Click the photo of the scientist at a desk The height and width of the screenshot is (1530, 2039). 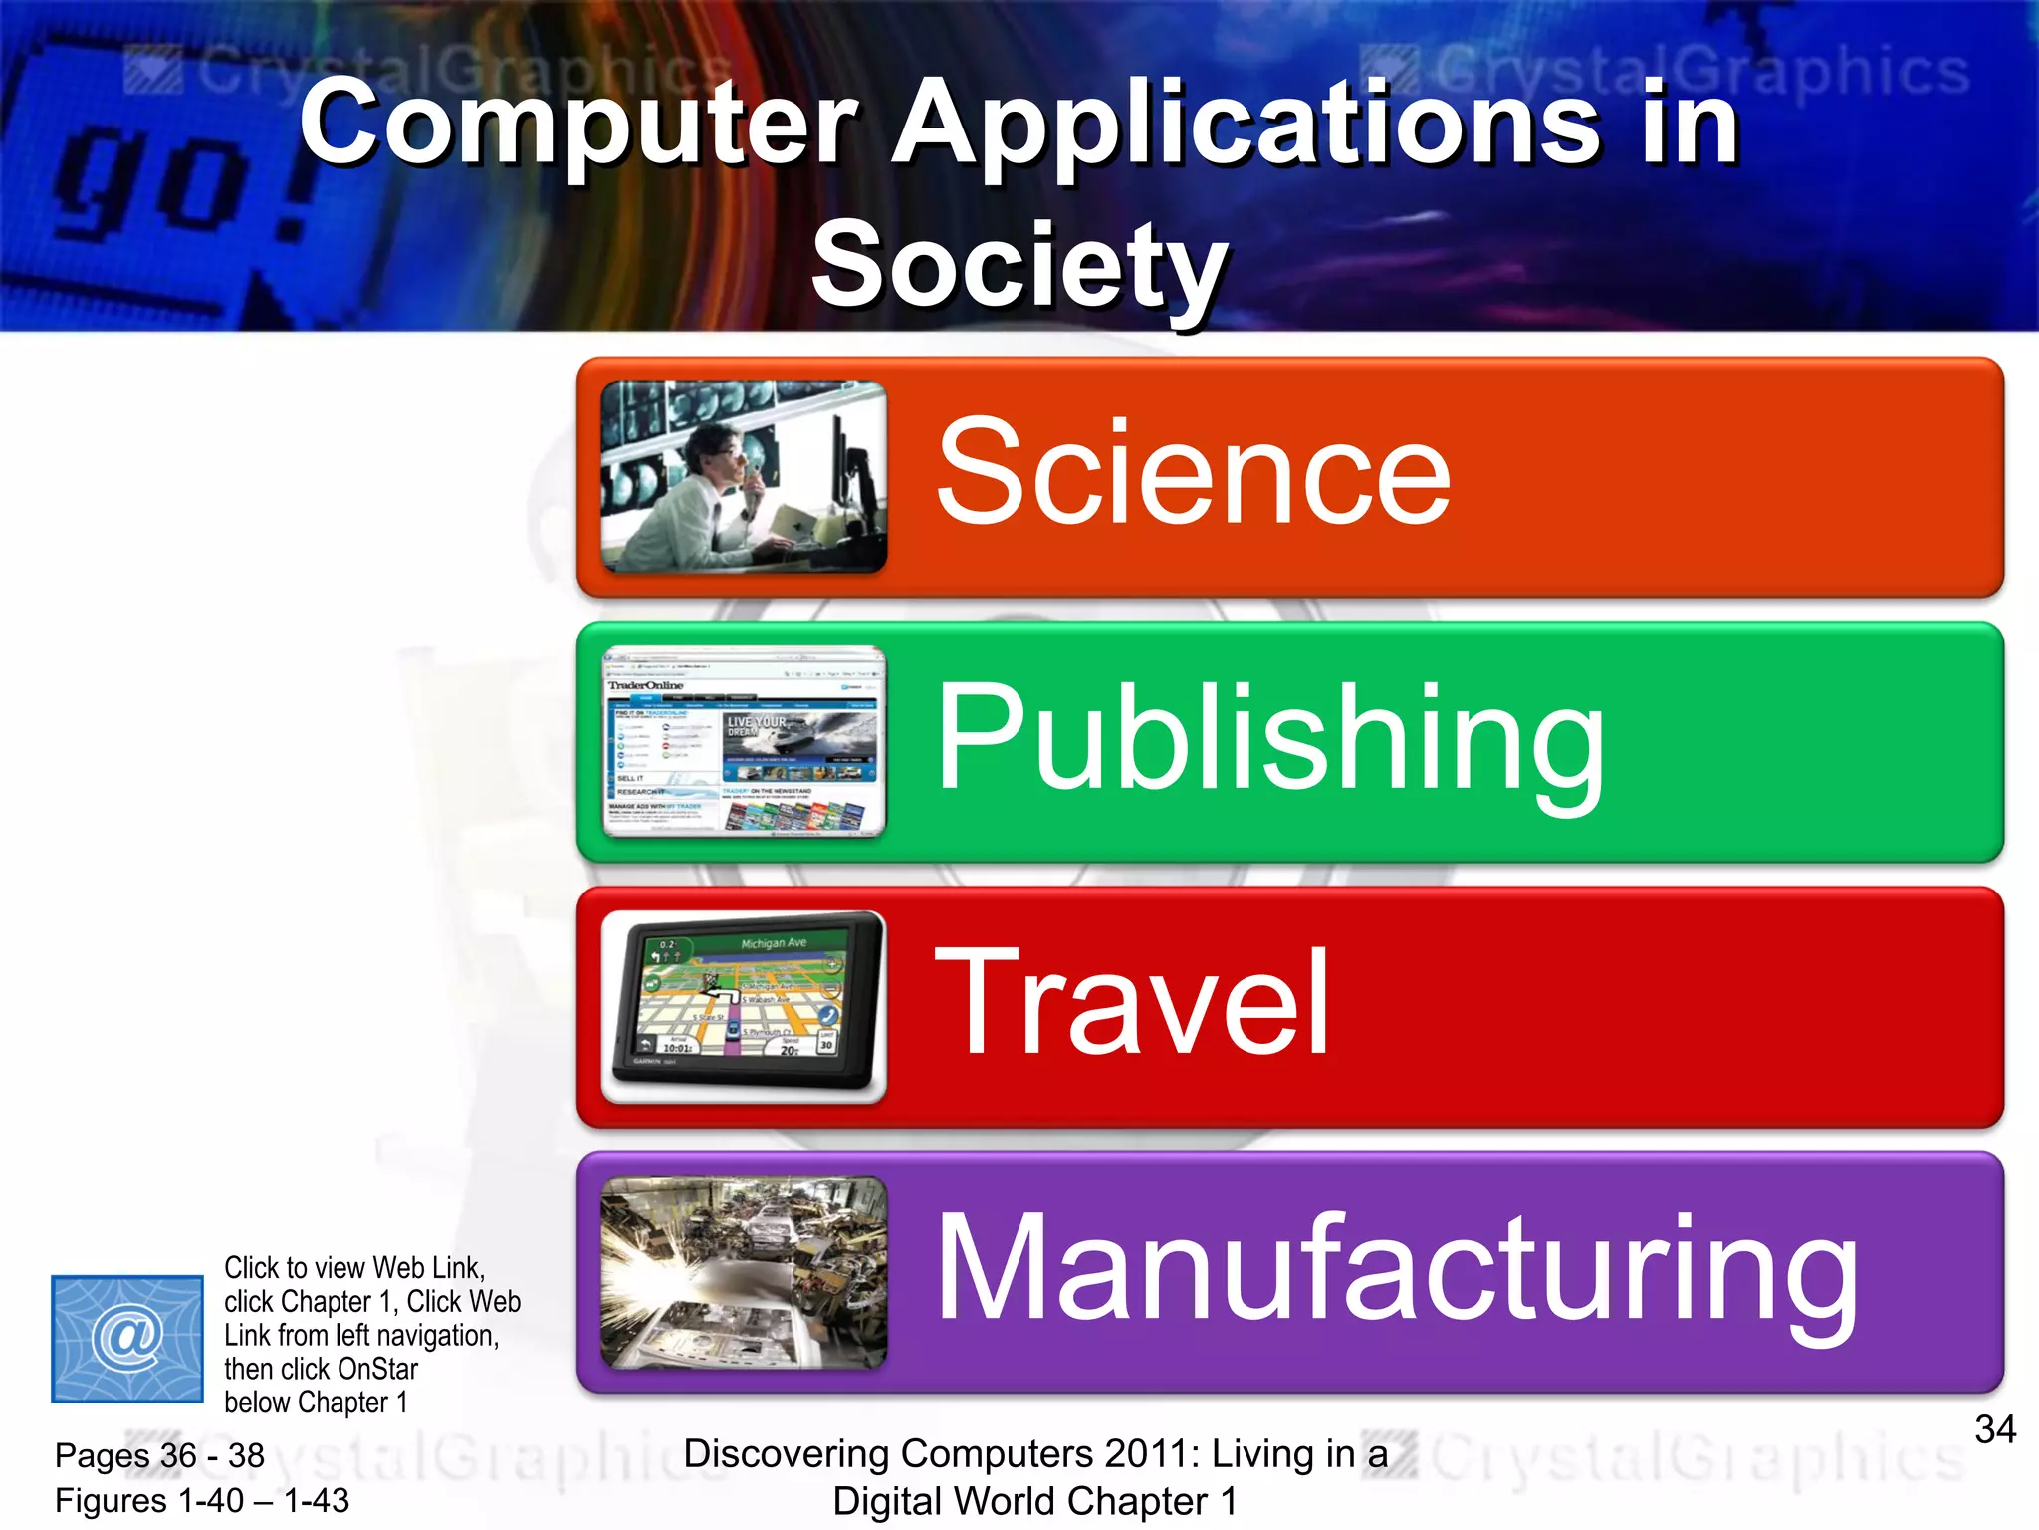(744, 476)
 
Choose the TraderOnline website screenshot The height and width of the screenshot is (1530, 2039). (744, 741)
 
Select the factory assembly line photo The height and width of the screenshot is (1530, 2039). (744, 1272)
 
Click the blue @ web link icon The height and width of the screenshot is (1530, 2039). (127, 1338)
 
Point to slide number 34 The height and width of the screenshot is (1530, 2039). (1995, 1430)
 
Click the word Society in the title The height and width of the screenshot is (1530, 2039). (1019, 265)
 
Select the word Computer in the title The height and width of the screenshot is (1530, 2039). (577, 124)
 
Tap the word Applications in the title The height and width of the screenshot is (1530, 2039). (1245, 124)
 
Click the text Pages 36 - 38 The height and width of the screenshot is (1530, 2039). (159, 1455)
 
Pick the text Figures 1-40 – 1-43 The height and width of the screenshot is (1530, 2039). (202, 1500)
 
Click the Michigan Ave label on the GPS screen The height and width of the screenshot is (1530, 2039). (774, 942)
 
